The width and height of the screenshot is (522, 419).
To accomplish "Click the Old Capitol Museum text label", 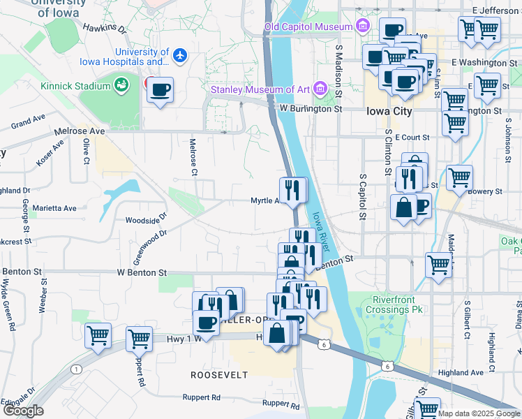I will click(308, 27).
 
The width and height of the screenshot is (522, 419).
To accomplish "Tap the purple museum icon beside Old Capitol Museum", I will click(362, 27).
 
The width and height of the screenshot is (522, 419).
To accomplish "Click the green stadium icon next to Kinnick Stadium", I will click(122, 85).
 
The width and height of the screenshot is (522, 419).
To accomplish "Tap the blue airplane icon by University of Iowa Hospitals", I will click(181, 54).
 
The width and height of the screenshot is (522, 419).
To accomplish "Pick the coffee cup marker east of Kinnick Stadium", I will click(160, 90).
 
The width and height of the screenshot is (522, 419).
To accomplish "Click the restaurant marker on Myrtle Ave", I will click(293, 189).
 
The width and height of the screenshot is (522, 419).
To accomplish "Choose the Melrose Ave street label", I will click(81, 131).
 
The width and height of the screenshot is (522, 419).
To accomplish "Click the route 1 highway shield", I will click(75, 368).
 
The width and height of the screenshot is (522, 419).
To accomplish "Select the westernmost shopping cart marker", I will click(98, 335).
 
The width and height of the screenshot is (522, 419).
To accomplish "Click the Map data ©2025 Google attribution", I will click(479, 414).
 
